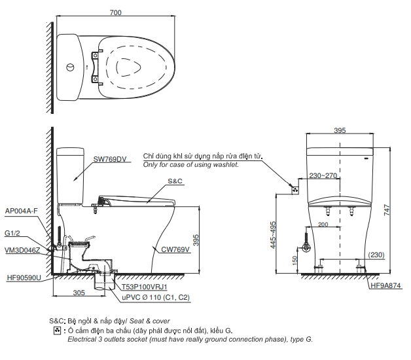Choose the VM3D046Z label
(22, 250)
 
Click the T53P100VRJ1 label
(145, 287)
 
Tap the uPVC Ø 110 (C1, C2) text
(154, 298)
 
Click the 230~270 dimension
(323, 175)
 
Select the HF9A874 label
(386, 285)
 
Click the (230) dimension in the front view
(376, 255)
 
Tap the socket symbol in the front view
(295, 190)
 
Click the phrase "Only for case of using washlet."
(191, 165)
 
